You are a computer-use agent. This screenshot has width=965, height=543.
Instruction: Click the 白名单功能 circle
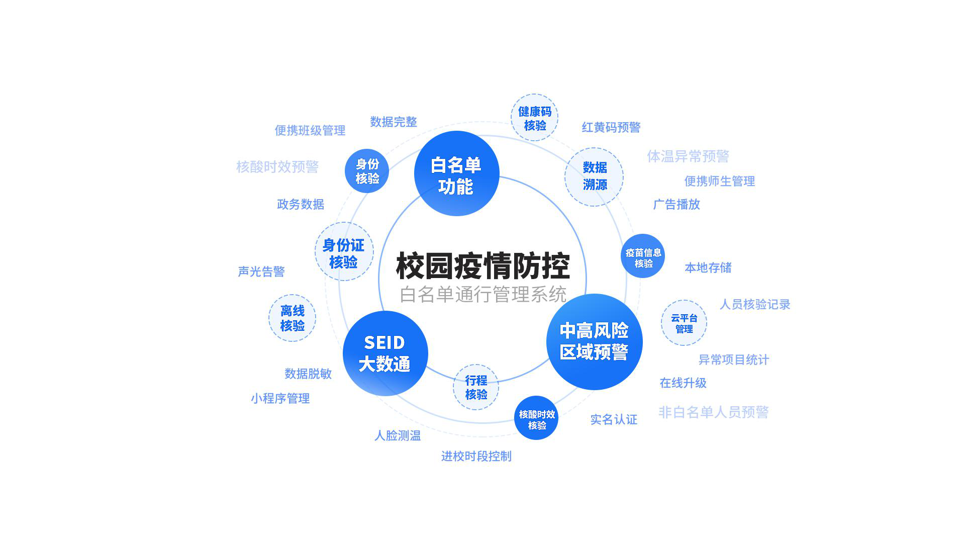point(456,173)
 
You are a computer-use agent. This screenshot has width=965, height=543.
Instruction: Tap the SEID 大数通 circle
point(385,353)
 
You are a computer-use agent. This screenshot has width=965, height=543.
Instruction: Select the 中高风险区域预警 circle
point(594,341)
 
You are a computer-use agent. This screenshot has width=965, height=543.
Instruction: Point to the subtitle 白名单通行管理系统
point(483,294)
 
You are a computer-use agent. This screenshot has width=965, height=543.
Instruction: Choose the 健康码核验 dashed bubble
point(534,117)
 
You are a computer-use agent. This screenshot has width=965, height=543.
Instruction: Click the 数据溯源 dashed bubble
point(594,176)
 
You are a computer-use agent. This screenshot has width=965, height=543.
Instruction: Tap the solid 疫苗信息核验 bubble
point(643,256)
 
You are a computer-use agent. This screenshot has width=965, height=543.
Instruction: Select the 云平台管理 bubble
point(684,323)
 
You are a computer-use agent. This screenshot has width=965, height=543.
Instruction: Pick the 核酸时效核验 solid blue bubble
point(536,418)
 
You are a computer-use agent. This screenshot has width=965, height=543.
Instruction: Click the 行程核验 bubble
point(475,387)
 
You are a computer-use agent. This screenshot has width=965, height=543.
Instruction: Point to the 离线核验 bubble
point(292,318)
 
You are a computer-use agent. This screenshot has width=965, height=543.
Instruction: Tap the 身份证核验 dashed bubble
point(344,251)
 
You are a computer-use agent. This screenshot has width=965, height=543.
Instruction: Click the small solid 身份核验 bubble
point(367,171)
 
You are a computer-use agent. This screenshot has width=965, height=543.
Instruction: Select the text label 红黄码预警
point(611,127)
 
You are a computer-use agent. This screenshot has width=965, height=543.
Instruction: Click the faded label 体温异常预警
point(688,156)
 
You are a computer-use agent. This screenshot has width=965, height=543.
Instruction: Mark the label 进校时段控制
point(476,456)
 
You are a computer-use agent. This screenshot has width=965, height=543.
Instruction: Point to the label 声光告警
point(261,271)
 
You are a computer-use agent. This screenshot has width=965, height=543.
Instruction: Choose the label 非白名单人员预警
point(713,412)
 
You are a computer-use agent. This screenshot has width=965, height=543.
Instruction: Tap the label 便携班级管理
point(310,131)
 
